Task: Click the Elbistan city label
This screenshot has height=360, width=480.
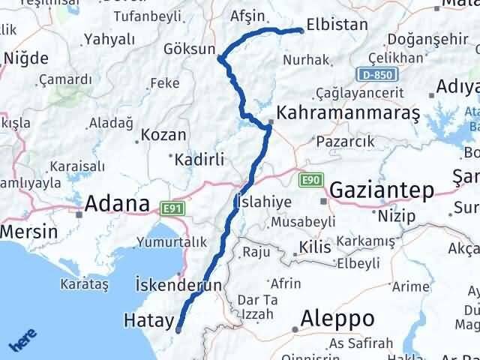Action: pos(337,25)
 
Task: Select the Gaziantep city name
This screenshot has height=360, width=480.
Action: pos(381,190)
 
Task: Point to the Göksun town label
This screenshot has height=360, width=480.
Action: pos(187,50)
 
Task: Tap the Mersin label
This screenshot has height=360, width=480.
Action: pos(28,231)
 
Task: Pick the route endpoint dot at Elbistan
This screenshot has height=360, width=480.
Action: pos(301,31)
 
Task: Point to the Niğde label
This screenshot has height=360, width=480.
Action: pos(26,58)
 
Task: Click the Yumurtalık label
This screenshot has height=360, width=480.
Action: pos(171,242)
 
